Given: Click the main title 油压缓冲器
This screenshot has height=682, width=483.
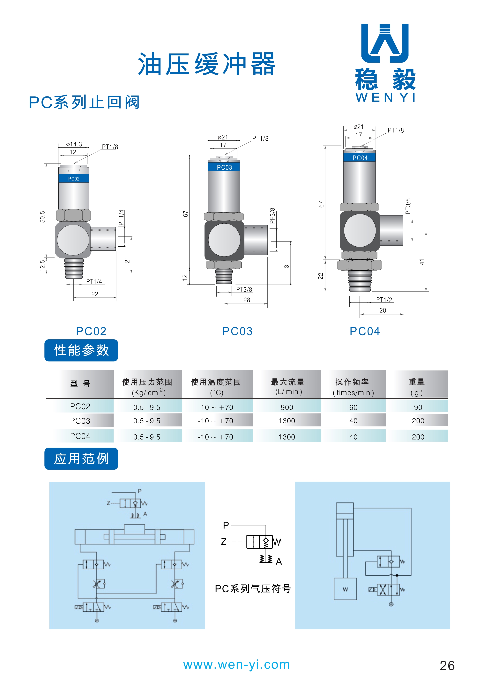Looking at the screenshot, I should (x=207, y=64).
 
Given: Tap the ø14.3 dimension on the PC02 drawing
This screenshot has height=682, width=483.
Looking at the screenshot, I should (x=74, y=144).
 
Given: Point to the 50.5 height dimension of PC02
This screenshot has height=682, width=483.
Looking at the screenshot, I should (x=42, y=217).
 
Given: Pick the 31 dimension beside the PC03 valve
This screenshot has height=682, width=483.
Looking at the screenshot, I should (x=286, y=265).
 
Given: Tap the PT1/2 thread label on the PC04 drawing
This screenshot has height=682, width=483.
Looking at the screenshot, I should (x=384, y=300).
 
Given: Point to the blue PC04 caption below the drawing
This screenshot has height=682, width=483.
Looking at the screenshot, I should (x=365, y=331).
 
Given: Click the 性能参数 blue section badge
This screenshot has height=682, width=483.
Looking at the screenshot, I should (x=81, y=350).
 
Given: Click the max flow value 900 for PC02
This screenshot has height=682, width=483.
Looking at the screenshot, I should (x=287, y=407).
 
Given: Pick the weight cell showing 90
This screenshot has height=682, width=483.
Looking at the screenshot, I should (x=418, y=407).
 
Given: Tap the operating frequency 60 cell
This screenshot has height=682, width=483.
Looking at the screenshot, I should (x=353, y=407).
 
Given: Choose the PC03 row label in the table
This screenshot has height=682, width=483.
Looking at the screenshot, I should (x=80, y=421).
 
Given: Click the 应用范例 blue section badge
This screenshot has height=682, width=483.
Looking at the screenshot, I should (x=81, y=459).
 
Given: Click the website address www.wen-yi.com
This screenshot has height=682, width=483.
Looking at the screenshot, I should (x=236, y=665).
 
